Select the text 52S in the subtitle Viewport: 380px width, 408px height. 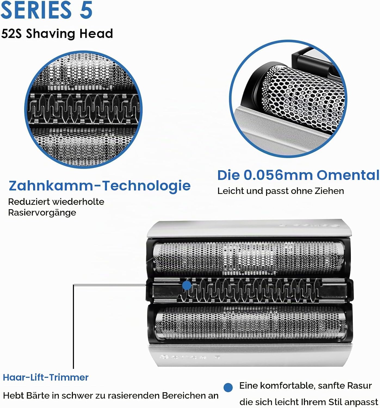[x=11, y=33]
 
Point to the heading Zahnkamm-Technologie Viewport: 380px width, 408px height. [x=100, y=186]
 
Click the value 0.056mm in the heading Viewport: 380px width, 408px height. [x=278, y=175]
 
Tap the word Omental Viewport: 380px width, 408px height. [x=348, y=175]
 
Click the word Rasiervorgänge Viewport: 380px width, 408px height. [x=42, y=213]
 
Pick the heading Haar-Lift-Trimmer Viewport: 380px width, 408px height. [x=46, y=378]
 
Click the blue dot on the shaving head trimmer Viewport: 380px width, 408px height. [x=187, y=285]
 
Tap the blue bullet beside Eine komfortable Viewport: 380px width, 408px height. [x=228, y=387]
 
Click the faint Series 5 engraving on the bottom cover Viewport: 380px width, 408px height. [x=190, y=357]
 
